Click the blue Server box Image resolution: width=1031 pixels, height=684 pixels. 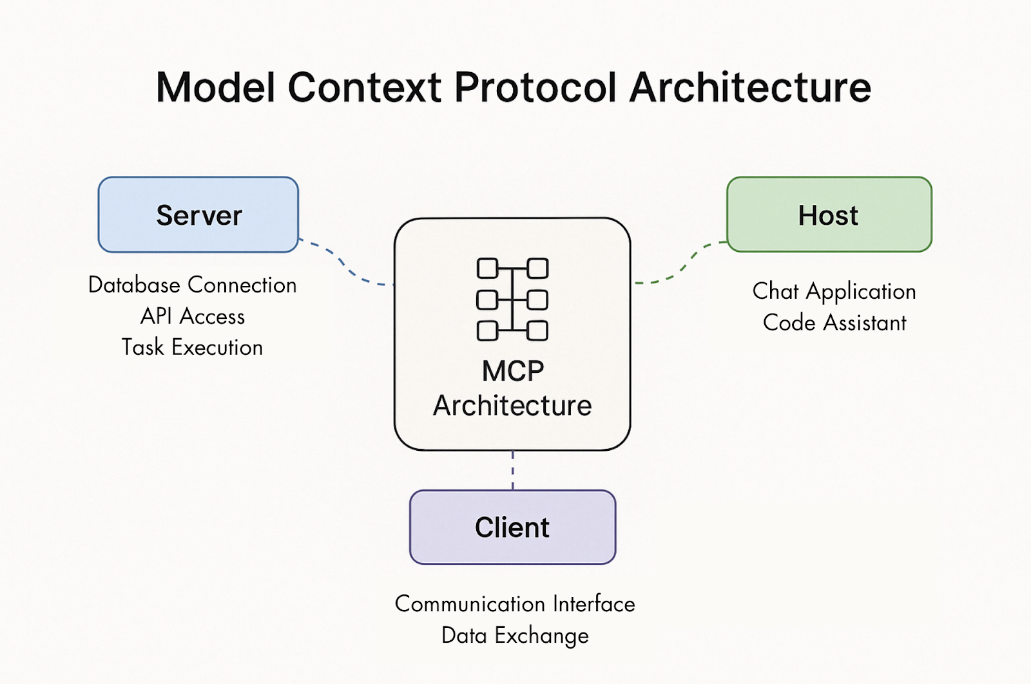tap(198, 215)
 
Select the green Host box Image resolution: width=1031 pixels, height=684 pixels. tap(829, 215)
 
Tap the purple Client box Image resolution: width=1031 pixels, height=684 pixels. tap(512, 527)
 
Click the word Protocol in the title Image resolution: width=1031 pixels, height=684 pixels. tap(535, 88)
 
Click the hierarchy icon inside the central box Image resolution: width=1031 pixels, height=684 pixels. tap(512, 299)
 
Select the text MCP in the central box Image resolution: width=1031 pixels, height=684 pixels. tap(513, 371)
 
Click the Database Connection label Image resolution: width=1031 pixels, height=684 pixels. tap(192, 285)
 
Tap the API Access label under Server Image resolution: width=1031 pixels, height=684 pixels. tap(192, 316)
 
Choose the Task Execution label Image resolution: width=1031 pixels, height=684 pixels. tap(192, 348)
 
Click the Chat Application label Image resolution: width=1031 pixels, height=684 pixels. tap(834, 292)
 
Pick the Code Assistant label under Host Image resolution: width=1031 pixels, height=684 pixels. tap(834, 323)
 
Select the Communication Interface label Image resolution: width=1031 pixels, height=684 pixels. tap(515, 604)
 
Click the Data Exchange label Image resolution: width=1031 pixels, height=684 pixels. tap(515, 636)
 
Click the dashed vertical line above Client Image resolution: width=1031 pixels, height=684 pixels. tap(513, 470)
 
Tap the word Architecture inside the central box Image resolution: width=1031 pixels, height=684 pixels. tap(512, 406)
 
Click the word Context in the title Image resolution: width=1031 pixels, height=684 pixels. tap(364, 88)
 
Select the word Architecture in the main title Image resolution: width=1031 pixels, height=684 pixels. tap(750, 88)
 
